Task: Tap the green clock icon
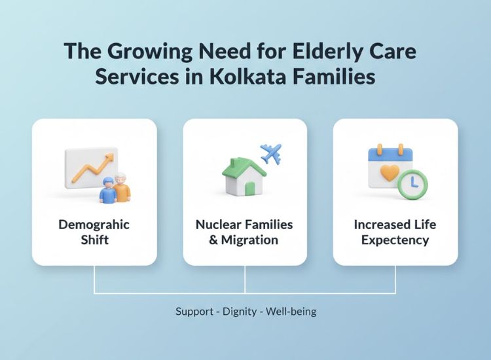pos(412,185)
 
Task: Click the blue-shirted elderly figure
pos(107,190)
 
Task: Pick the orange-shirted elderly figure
pos(122,187)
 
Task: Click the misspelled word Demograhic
pos(94,225)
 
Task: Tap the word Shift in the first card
pos(94,240)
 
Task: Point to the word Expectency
pos(395,240)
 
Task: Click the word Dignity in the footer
pos(239,312)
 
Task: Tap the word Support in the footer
pos(194,312)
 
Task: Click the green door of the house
pos(249,189)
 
